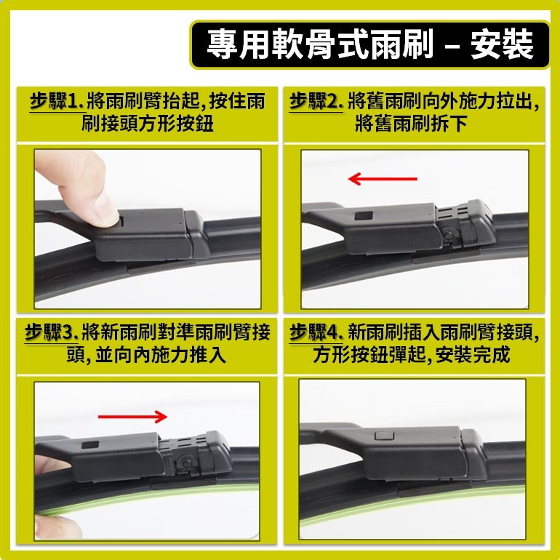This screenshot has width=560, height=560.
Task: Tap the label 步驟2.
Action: pos(316,102)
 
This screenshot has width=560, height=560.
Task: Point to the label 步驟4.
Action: pos(316,333)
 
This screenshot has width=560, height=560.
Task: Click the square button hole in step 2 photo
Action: pos(361,216)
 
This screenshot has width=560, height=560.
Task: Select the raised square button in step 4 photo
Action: pos(383,436)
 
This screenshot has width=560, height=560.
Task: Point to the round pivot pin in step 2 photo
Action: pos(448,236)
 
